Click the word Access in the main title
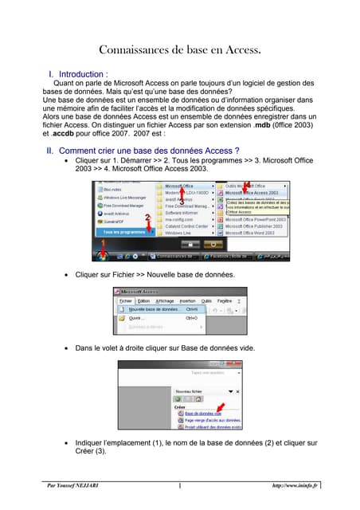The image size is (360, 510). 237,50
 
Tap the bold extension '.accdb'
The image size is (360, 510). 68,135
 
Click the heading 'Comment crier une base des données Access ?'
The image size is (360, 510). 141,150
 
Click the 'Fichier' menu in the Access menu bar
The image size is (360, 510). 126,300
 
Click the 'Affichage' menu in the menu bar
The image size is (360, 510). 164,300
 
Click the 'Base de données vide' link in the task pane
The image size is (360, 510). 203,414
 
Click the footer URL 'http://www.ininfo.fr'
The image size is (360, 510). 295,484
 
